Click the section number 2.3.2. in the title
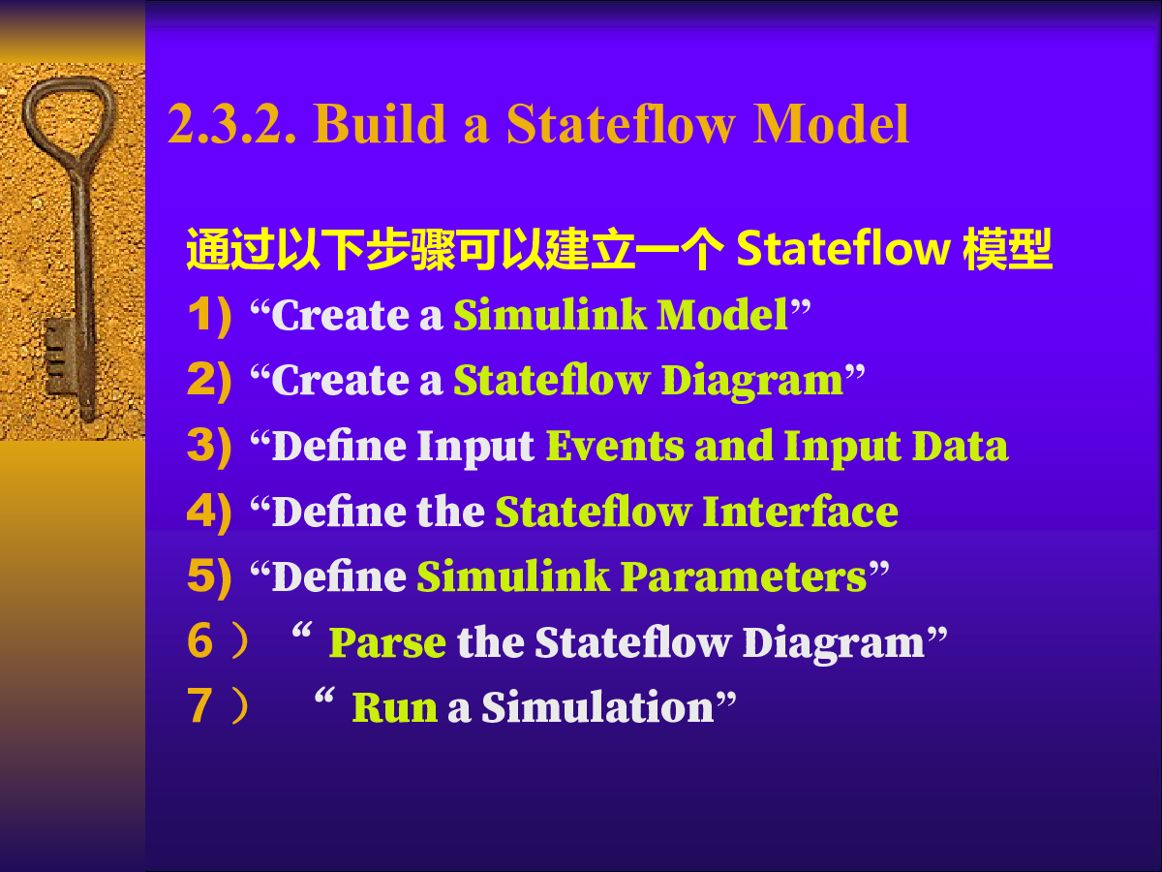231,124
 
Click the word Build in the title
380,123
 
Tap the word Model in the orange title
831,123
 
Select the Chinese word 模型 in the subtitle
1007,249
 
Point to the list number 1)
210,316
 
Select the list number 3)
209,448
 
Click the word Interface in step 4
801,512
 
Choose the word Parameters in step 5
744,576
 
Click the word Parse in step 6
387,642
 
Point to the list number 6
200,640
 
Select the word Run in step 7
395,707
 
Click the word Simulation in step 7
597,707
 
